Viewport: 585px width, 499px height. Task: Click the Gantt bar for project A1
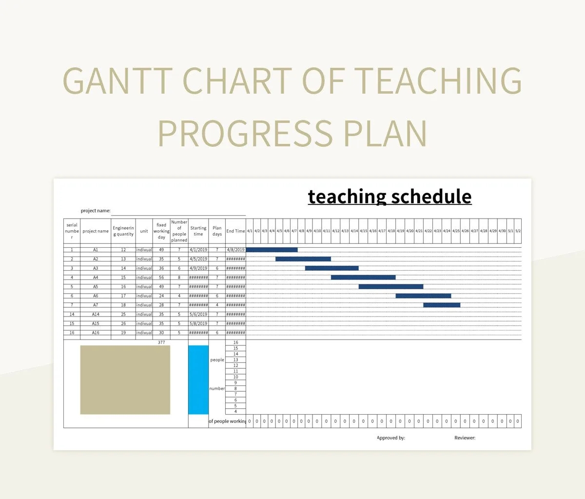(x=272, y=250)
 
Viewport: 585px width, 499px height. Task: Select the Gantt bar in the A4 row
(x=363, y=278)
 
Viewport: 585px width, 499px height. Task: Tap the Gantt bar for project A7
(x=442, y=305)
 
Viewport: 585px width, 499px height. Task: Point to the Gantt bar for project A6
(x=423, y=296)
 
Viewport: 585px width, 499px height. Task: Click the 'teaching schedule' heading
(x=390, y=197)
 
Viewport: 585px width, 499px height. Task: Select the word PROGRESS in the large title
(x=245, y=133)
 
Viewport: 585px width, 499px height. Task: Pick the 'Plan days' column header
(x=217, y=231)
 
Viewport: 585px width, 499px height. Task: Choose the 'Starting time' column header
(x=198, y=231)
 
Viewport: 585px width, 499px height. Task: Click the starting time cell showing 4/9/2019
(x=198, y=268)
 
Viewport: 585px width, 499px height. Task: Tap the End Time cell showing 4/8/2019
(x=235, y=250)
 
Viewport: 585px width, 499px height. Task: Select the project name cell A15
(x=96, y=323)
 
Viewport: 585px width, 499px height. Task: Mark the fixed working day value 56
(x=161, y=278)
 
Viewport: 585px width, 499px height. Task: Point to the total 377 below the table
(x=161, y=342)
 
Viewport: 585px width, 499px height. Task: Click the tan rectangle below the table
(x=125, y=379)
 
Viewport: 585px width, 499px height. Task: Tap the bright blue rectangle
(x=198, y=379)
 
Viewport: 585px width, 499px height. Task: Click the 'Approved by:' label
(x=391, y=438)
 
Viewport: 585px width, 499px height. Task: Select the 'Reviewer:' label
(x=465, y=438)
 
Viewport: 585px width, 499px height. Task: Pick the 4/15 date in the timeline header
(x=363, y=231)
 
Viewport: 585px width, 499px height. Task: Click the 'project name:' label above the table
(x=96, y=211)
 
